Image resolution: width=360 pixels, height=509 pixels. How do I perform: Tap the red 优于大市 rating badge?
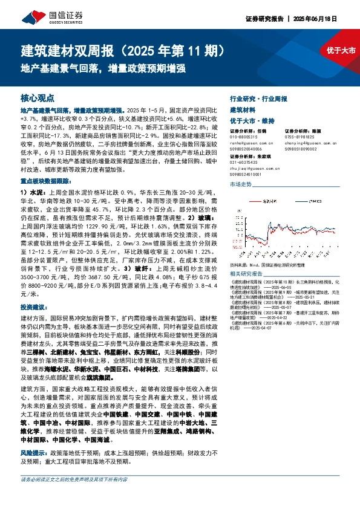[341, 50]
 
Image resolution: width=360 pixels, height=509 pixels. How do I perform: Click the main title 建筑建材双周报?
[73, 48]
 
